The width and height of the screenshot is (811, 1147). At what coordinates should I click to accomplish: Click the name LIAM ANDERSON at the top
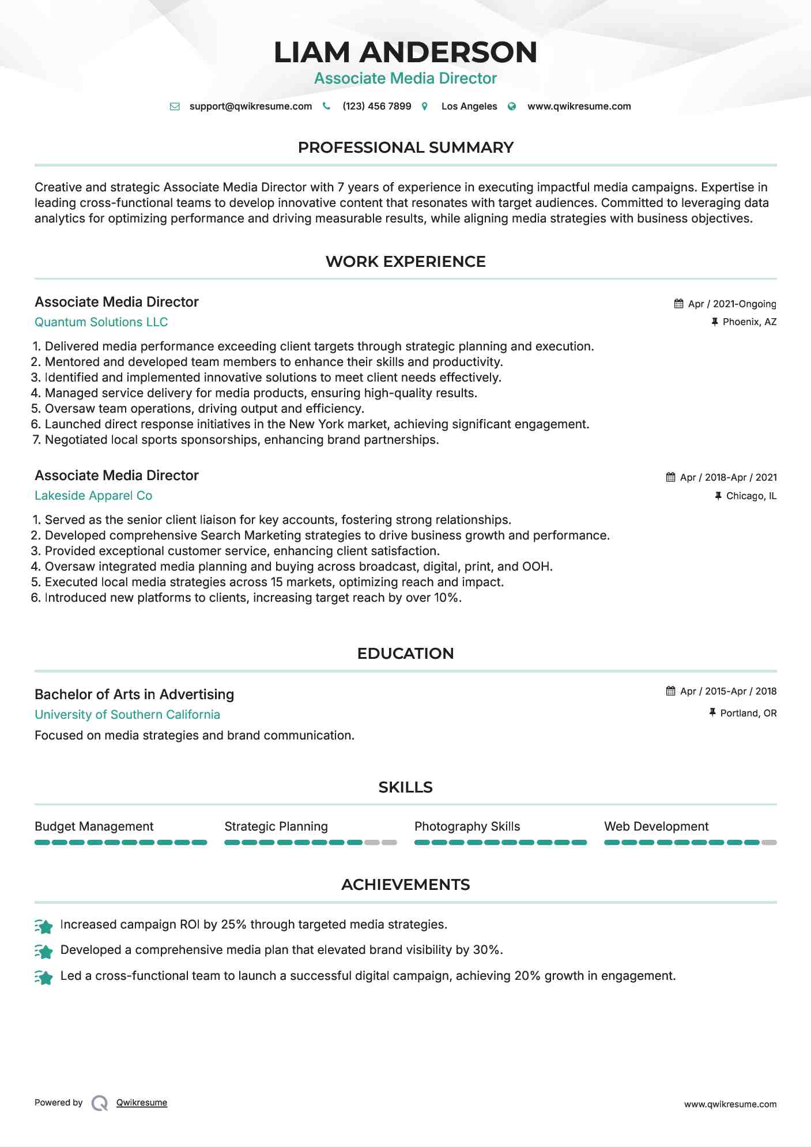point(405,52)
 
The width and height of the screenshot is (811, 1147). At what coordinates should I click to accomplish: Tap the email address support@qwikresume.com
point(250,106)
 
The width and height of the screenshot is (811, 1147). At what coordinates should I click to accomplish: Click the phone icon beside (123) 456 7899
point(326,106)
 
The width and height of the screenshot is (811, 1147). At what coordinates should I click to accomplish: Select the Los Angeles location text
point(469,106)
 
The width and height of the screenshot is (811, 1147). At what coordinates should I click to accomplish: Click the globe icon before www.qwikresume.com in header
point(512,106)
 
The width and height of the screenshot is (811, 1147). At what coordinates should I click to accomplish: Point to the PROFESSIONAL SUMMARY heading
point(405,148)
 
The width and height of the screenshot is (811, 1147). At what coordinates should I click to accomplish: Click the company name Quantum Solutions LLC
point(101,322)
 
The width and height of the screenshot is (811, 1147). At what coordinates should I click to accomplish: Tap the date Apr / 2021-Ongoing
point(732,304)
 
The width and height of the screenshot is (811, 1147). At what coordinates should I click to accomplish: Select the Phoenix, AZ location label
point(749,322)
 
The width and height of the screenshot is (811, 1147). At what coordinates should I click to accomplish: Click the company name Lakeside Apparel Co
point(93,496)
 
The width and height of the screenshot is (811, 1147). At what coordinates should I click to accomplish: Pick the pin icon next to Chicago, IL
point(718,496)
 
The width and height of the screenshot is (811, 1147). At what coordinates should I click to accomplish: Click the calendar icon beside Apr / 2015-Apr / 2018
point(670,691)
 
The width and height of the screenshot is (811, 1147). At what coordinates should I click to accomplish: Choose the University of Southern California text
point(127,715)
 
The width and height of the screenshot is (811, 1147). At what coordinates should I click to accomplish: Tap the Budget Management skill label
point(94,827)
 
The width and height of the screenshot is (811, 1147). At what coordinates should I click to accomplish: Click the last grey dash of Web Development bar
point(769,843)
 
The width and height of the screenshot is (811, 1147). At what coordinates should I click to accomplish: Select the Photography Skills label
point(467,827)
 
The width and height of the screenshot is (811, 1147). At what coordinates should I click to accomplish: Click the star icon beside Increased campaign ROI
point(44,926)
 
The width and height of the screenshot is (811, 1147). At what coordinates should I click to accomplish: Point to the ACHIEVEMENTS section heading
point(405,885)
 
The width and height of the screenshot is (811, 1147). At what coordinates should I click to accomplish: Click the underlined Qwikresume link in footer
point(142,1103)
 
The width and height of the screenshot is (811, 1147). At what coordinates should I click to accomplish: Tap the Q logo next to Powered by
point(100,1103)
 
